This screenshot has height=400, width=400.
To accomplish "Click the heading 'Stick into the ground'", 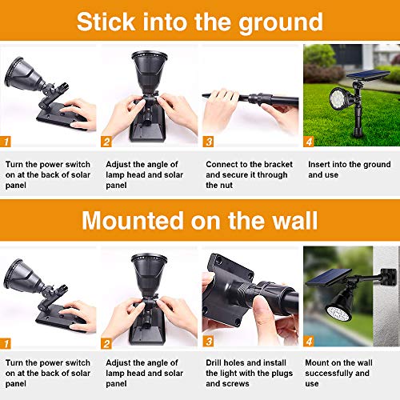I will tap(200, 21).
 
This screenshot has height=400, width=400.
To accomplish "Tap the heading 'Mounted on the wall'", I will tap(200, 219).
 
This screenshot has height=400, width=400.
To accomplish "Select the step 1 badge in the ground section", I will tap(7, 142).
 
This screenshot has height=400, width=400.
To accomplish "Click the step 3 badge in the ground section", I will tap(209, 142).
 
